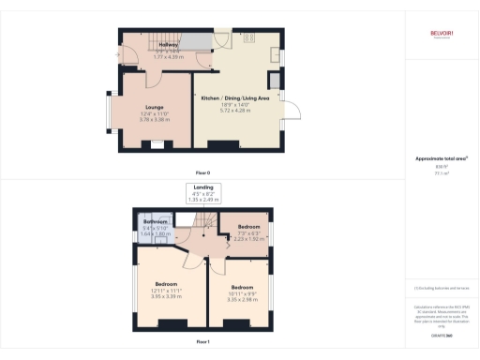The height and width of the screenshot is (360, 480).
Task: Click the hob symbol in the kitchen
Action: coord(249,39)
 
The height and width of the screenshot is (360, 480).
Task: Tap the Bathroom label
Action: coord(155,221)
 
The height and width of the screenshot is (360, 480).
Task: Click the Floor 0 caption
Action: coord(203,173)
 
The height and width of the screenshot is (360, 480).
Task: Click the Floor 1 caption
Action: coord(203,342)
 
